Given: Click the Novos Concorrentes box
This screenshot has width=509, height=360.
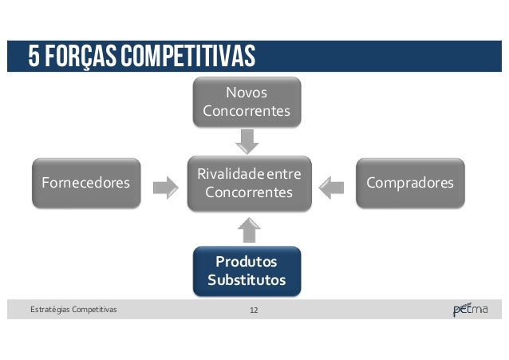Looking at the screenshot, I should click(247, 102).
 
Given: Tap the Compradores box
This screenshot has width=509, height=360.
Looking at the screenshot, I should click(410, 184).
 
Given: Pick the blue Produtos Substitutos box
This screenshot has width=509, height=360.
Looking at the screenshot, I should click(247, 271).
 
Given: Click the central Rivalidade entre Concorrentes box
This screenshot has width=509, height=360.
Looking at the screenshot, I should click(248, 184).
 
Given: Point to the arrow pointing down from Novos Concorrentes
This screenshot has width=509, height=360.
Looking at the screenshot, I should click(248, 140).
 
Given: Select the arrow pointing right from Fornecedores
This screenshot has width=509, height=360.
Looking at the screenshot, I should click(165, 188).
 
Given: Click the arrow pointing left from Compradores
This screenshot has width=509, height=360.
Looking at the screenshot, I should click(329, 188).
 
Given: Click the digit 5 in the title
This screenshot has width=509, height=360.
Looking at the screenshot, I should click(34, 57).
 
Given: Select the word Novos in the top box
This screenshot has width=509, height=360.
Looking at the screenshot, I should click(247, 93).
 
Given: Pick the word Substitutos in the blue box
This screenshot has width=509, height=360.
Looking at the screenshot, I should click(247, 280).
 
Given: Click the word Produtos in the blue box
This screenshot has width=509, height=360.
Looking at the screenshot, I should click(247, 262).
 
